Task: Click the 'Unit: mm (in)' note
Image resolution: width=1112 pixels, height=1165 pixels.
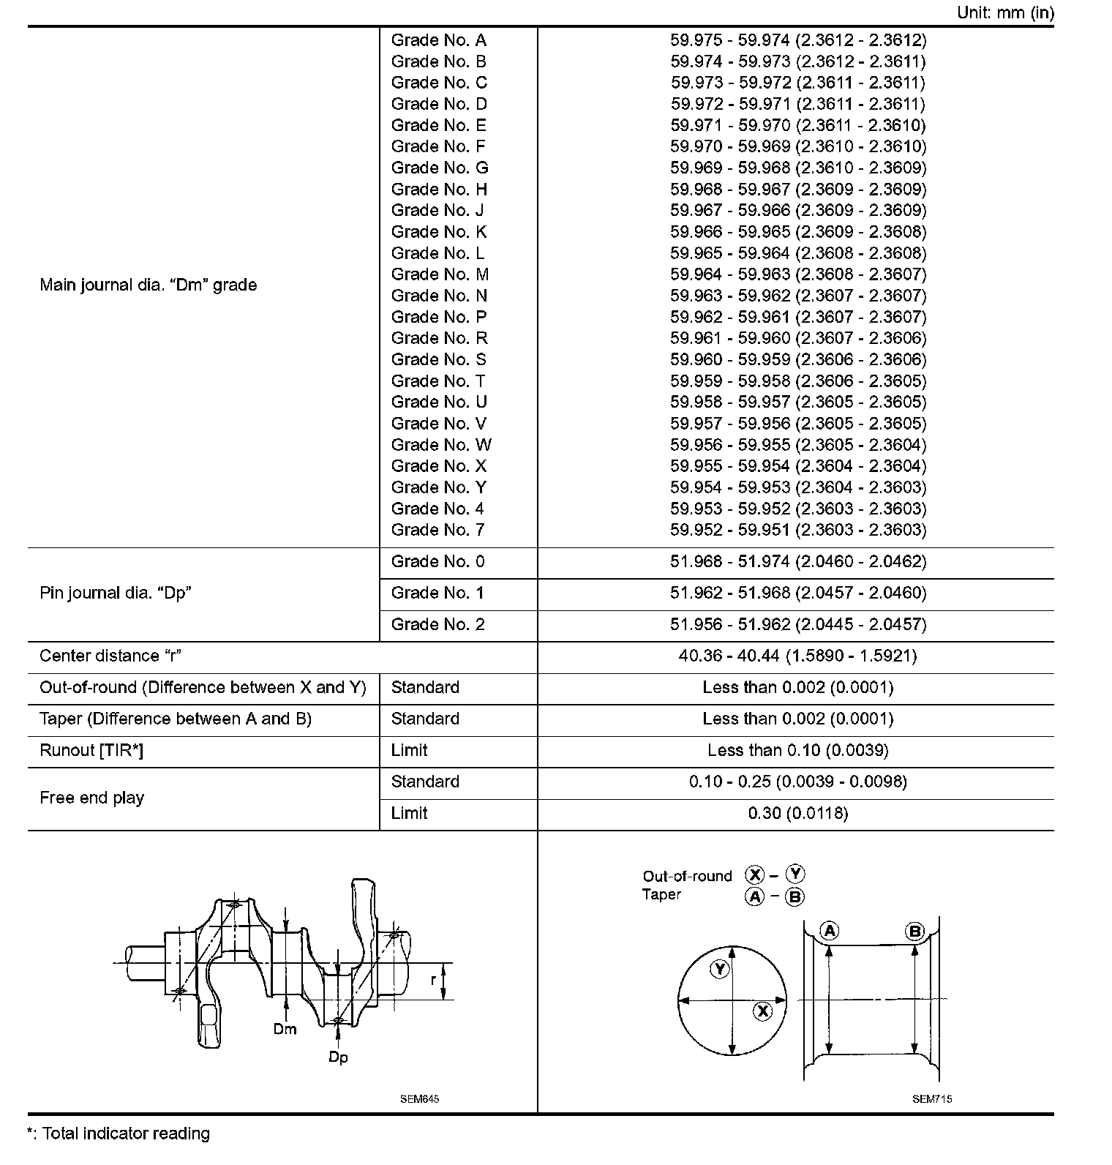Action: pos(1004,13)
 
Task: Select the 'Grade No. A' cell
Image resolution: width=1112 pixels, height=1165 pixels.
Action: pos(438,40)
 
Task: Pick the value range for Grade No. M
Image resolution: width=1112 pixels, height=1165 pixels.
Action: pos(797,274)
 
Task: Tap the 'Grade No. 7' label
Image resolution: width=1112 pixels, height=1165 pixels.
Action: pos(437,530)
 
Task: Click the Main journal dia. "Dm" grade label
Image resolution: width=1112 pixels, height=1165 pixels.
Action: pos(148,285)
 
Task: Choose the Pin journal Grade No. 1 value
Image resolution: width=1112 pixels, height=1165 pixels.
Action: pos(797,593)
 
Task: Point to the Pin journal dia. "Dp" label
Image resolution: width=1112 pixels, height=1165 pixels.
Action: pos(115,593)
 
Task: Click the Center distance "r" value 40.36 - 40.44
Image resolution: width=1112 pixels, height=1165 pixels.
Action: pos(797,656)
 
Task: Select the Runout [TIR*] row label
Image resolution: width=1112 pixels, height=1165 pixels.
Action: pos(91,750)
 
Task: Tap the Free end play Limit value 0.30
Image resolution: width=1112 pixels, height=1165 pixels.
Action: pos(797,813)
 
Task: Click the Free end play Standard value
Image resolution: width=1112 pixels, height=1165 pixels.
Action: pos(797,782)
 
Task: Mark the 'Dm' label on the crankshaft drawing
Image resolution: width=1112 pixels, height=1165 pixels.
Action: pos(285,1029)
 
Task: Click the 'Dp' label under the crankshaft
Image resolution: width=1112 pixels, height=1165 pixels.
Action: pos(338,1057)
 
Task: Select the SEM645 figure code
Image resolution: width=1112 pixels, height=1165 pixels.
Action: pos(419,1098)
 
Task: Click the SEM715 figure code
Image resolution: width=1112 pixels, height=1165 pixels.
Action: pos(932,1098)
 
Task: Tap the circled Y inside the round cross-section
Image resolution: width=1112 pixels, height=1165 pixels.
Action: pos(721,969)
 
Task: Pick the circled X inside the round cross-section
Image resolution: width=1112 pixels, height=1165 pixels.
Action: pos(763,1011)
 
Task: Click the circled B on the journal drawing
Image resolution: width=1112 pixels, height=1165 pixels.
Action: pos(915,931)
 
